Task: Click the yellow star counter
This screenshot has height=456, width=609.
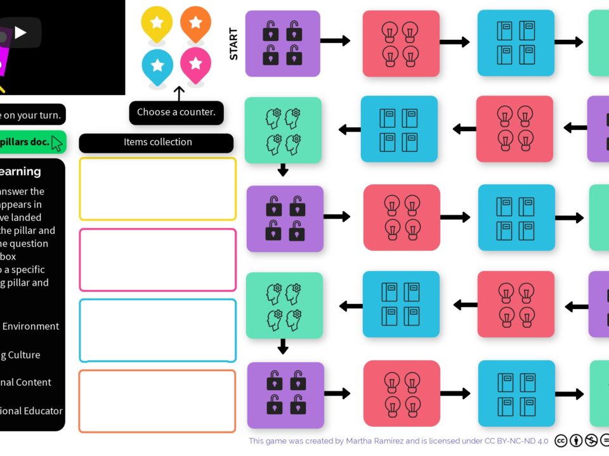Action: tap(157, 23)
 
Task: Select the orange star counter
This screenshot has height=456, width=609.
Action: tap(195, 23)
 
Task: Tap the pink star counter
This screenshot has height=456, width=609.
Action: tap(195, 63)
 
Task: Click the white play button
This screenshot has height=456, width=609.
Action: tap(20, 32)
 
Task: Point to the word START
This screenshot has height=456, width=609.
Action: tap(233, 44)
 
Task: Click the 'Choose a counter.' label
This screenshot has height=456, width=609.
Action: tap(176, 112)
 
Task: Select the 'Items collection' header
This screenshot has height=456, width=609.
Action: tap(157, 142)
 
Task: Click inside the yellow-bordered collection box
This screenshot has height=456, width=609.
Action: tap(157, 189)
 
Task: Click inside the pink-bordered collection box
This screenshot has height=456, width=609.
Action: tap(157, 260)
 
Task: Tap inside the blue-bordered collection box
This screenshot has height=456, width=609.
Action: tap(157, 331)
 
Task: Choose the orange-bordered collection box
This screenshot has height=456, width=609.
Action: tap(157, 402)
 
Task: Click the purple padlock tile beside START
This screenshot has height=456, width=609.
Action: tap(282, 43)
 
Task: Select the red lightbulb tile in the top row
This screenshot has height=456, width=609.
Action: tap(401, 42)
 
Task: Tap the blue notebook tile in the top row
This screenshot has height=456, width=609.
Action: tap(516, 42)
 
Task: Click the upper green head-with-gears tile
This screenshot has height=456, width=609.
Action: tap(283, 130)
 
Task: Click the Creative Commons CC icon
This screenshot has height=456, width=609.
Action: tap(561, 441)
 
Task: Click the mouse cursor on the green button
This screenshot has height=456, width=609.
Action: tap(57, 144)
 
